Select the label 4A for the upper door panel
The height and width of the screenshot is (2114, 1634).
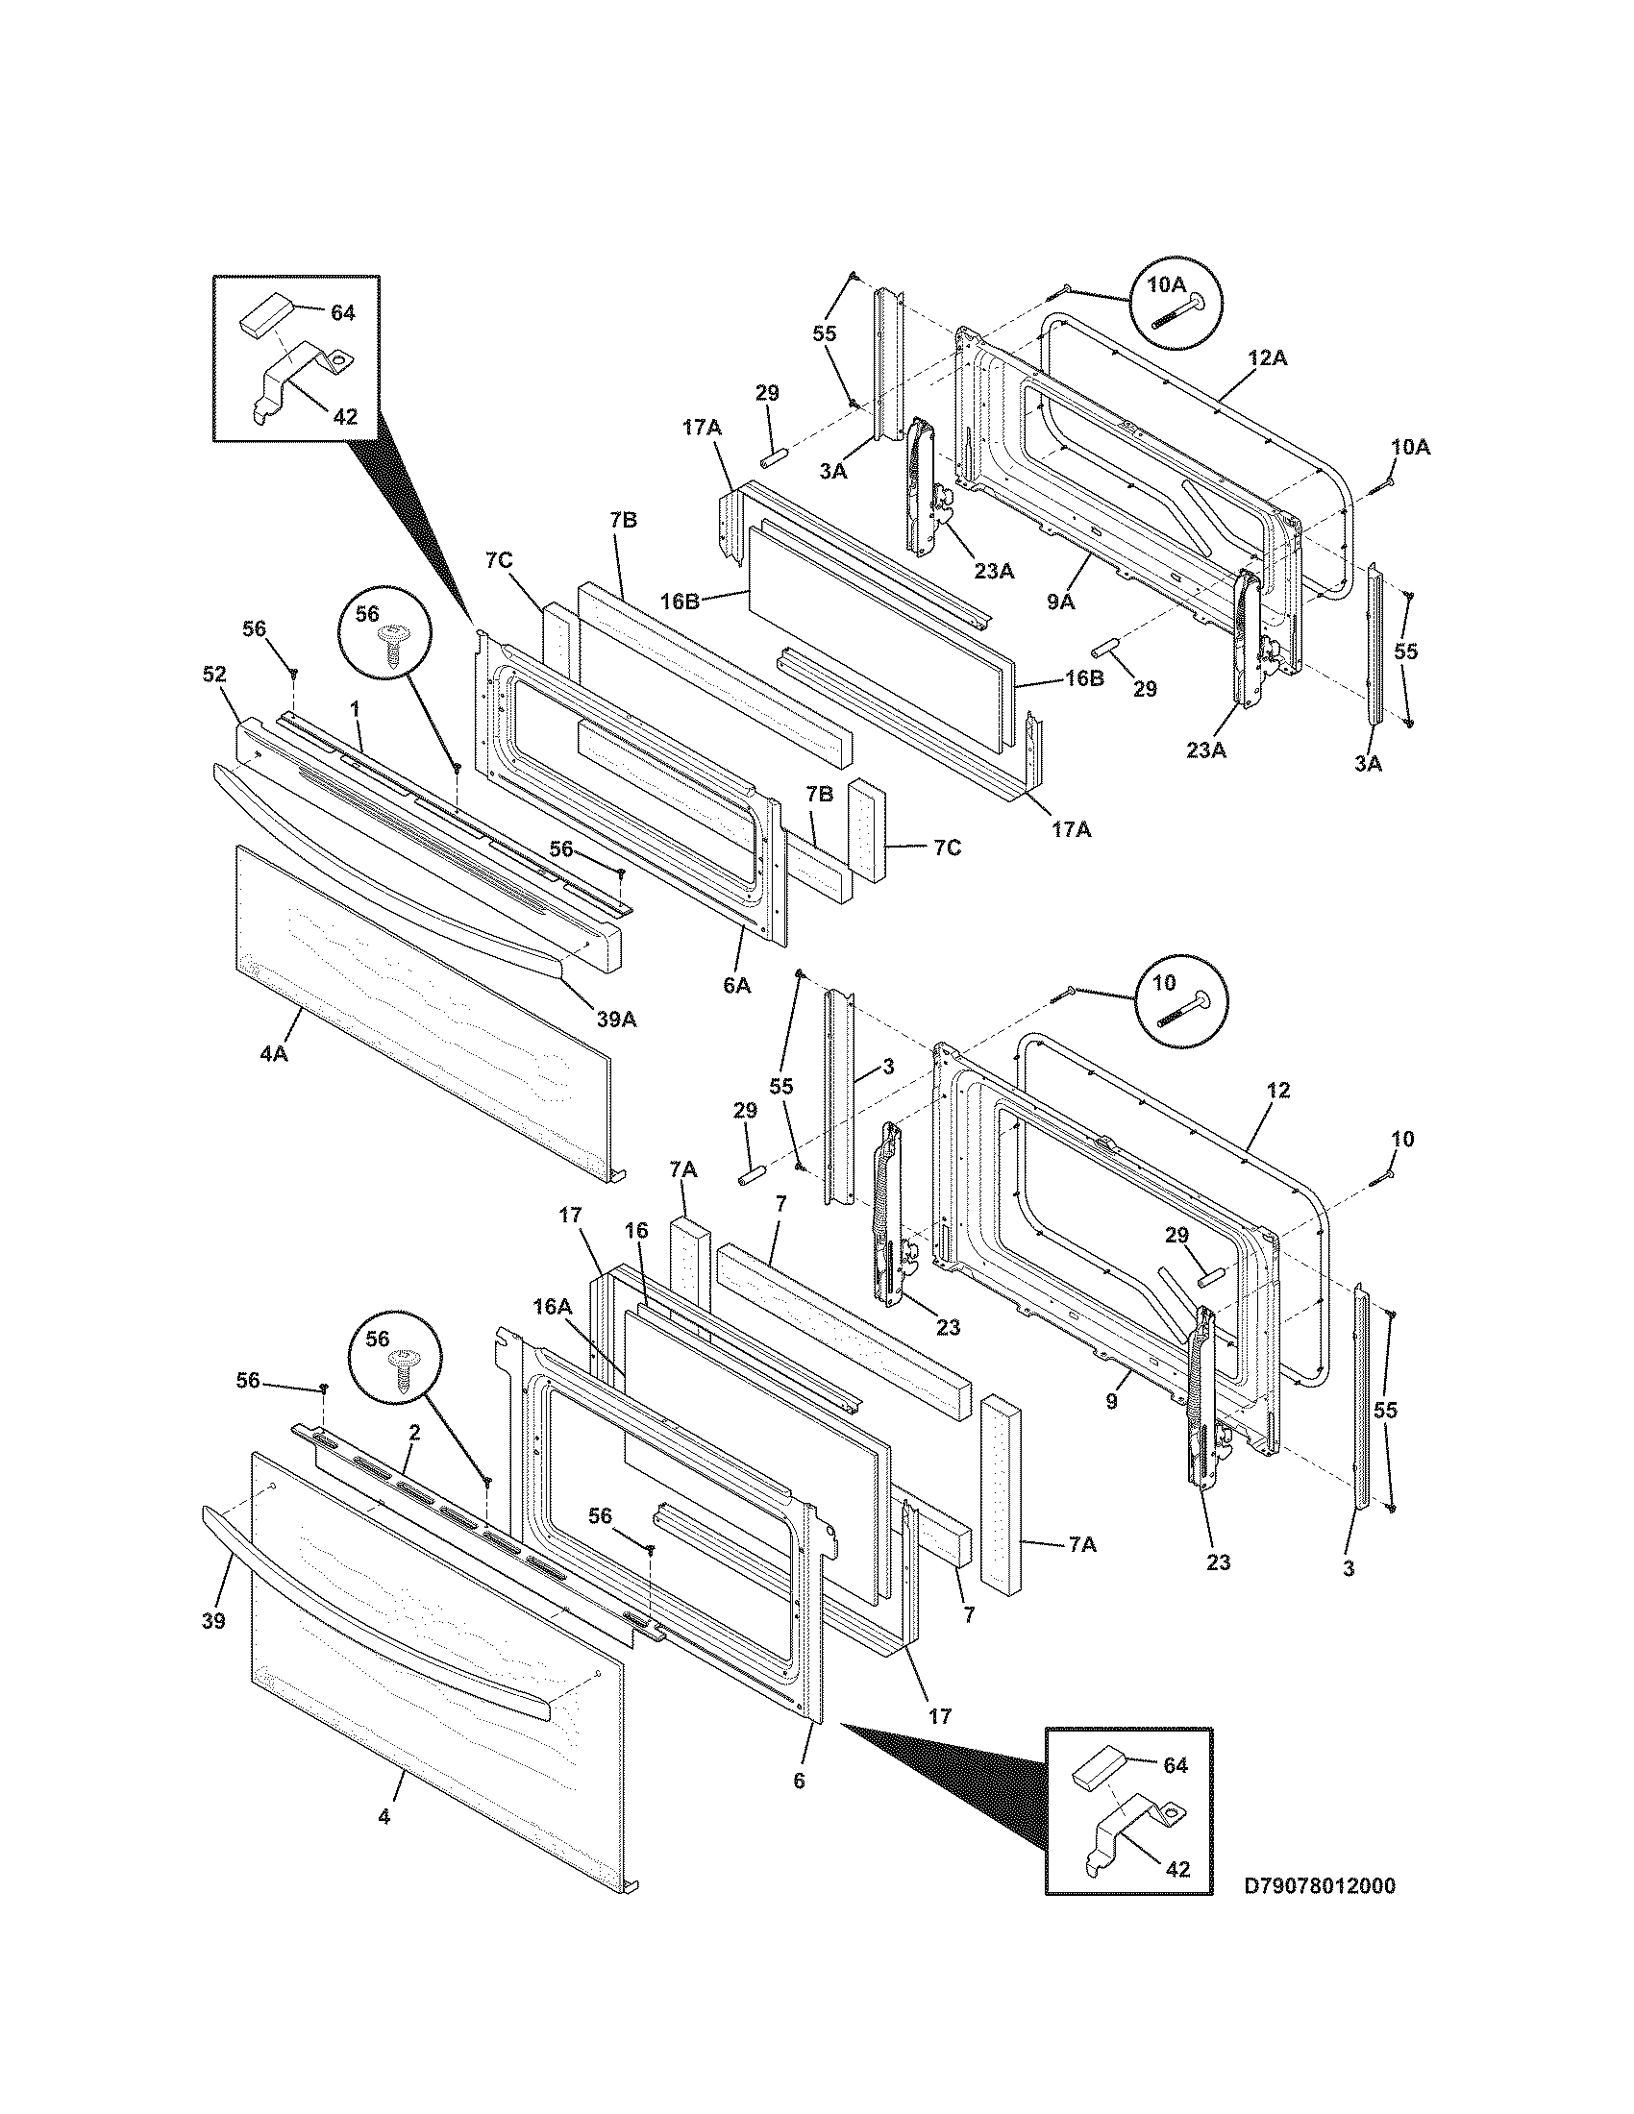[274, 1053]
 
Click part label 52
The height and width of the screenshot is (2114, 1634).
[214, 675]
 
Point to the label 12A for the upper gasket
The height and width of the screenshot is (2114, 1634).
[1267, 357]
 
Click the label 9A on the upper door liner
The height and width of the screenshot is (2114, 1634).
[1060, 601]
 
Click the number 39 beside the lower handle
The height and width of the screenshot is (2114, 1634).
[213, 1620]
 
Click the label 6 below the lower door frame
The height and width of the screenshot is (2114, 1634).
[799, 1779]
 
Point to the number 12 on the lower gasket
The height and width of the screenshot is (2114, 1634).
[1277, 1090]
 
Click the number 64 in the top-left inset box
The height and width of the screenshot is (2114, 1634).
[343, 312]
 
